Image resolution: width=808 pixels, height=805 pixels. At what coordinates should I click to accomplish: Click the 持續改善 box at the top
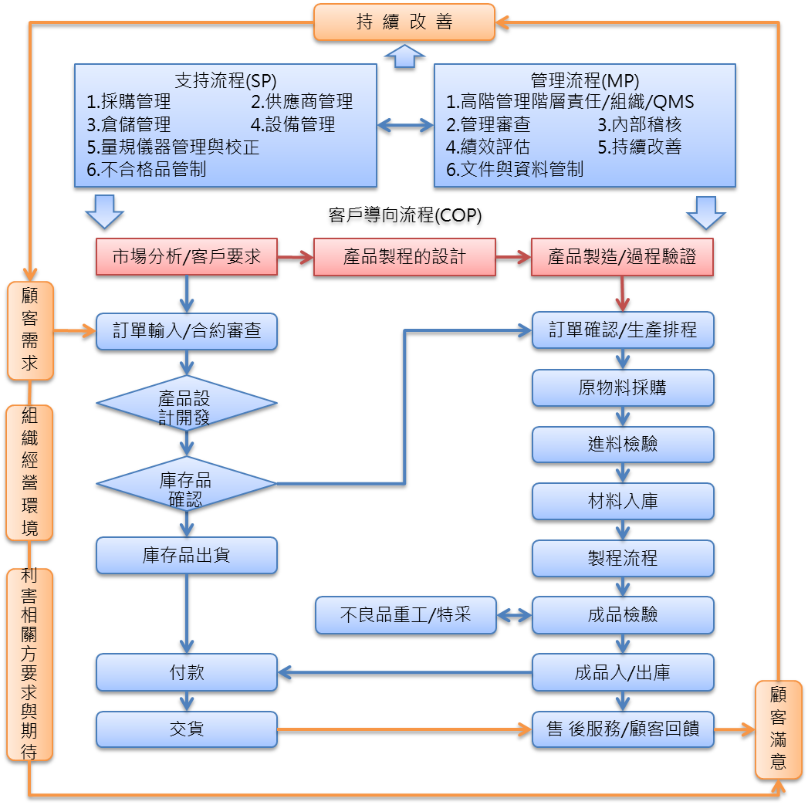click(404, 22)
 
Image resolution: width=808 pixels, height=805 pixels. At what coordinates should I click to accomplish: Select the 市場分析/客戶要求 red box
click(186, 258)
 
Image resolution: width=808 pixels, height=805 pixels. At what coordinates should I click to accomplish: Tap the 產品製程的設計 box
click(404, 258)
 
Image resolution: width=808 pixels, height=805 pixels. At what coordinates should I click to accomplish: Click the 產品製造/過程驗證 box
click(622, 258)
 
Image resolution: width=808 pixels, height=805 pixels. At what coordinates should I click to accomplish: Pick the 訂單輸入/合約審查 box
click(186, 331)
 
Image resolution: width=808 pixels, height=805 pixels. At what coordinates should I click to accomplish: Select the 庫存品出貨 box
click(186, 556)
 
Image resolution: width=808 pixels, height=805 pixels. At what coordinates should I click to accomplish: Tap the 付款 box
click(186, 671)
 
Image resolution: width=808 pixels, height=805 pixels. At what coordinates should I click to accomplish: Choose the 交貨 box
click(186, 728)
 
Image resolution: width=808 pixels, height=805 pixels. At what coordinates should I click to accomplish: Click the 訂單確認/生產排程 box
click(622, 331)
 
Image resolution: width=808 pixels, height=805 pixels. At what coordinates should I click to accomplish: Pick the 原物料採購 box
click(622, 388)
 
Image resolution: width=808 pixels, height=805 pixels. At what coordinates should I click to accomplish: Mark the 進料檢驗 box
click(622, 445)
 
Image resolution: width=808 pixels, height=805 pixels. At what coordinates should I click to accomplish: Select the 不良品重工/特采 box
click(405, 615)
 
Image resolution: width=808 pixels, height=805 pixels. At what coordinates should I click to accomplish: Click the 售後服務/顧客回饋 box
click(622, 729)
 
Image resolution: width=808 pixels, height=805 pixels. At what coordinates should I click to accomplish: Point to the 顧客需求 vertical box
click(30, 330)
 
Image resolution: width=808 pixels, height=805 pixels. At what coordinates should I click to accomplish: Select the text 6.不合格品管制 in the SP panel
click(146, 169)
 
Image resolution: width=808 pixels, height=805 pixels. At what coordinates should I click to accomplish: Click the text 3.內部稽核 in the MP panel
click(640, 125)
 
